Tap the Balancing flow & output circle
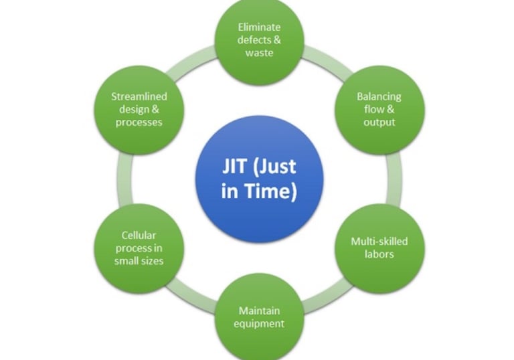pos(379,109)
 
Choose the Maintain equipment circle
pos(259,317)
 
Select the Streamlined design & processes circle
pos(139,109)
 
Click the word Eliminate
pos(259,27)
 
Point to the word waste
pos(259,53)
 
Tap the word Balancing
pos(379,96)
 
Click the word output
pos(379,122)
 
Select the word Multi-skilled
pos(379,242)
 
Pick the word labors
pos(379,254)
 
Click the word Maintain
pos(259,310)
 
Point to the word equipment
pos(259,323)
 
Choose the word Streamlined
pos(139,96)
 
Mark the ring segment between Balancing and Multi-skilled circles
pos(395,179)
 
